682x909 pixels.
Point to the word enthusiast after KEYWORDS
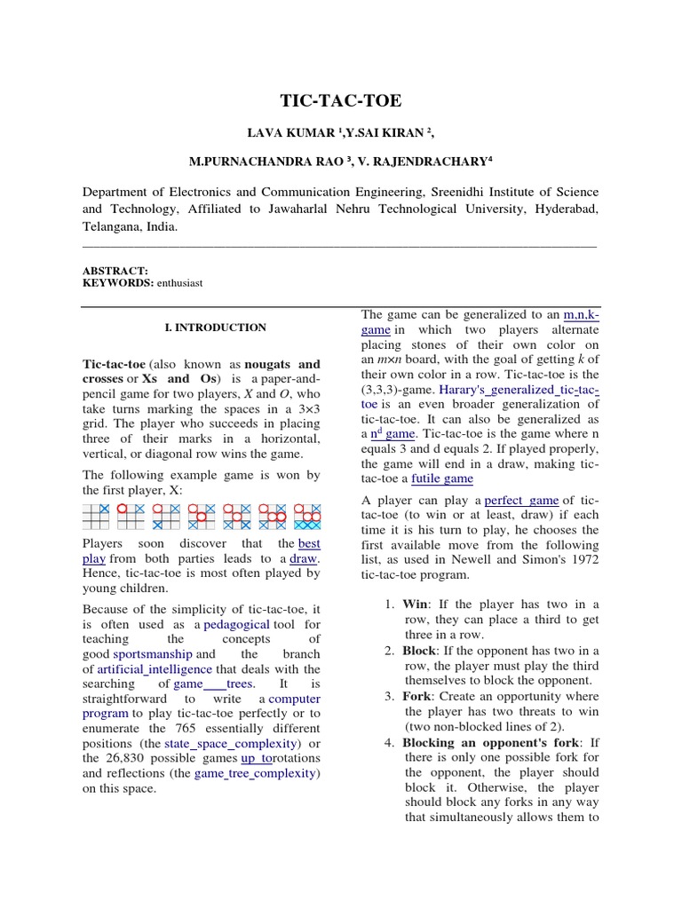click(x=180, y=282)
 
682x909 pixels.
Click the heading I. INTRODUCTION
click(x=216, y=328)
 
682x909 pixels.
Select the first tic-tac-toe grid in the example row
click(x=96, y=516)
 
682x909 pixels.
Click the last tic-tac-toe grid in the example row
click(x=308, y=516)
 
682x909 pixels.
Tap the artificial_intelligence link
click(x=155, y=669)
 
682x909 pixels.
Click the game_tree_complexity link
click(x=255, y=772)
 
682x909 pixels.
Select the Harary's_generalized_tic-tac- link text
click(x=531, y=390)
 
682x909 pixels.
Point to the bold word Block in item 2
click(x=420, y=651)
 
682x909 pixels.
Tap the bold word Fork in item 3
click(x=417, y=696)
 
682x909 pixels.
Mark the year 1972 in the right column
click(x=582, y=560)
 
